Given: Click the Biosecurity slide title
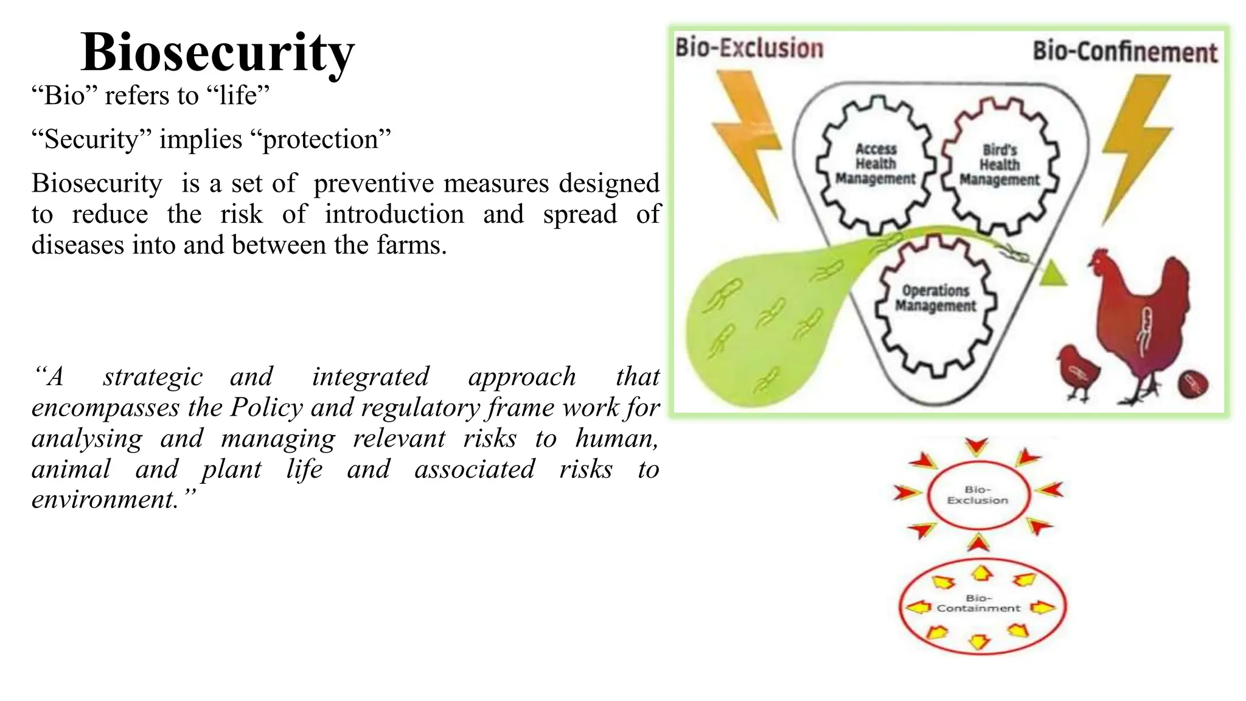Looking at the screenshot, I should coord(217,52).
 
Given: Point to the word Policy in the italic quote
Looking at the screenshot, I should coord(266,408).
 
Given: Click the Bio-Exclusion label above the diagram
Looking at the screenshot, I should coord(749,48).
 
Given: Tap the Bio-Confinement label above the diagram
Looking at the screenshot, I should coord(1125,52).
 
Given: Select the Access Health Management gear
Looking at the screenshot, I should coord(875,164).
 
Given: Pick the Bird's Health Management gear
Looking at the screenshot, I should coord(1000,165).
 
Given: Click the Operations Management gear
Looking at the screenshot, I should coord(935,299).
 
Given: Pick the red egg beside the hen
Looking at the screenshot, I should coord(1193,383).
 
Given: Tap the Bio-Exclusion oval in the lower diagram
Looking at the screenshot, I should coord(978,495).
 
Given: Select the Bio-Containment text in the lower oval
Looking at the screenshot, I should coord(978,603).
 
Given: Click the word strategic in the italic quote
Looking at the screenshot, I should coord(153,377).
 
